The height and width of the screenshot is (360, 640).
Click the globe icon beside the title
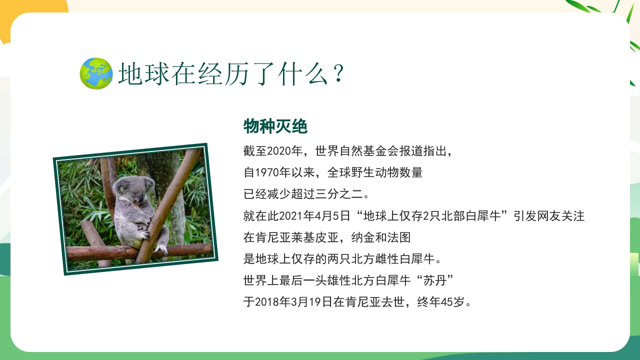(x=96, y=74)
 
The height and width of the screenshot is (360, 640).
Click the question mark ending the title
(x=338, y=74)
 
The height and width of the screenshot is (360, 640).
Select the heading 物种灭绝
(x=275, y=126)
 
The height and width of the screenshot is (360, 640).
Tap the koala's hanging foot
(x=161, y=248)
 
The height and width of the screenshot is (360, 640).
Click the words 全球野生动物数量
(x=375, y=173)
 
